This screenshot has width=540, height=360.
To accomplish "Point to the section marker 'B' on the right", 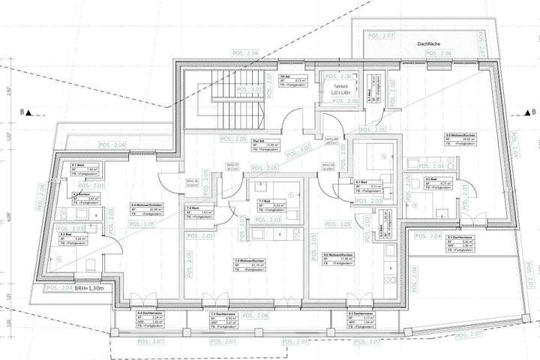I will pyautogui.click(x=514, y=115).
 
